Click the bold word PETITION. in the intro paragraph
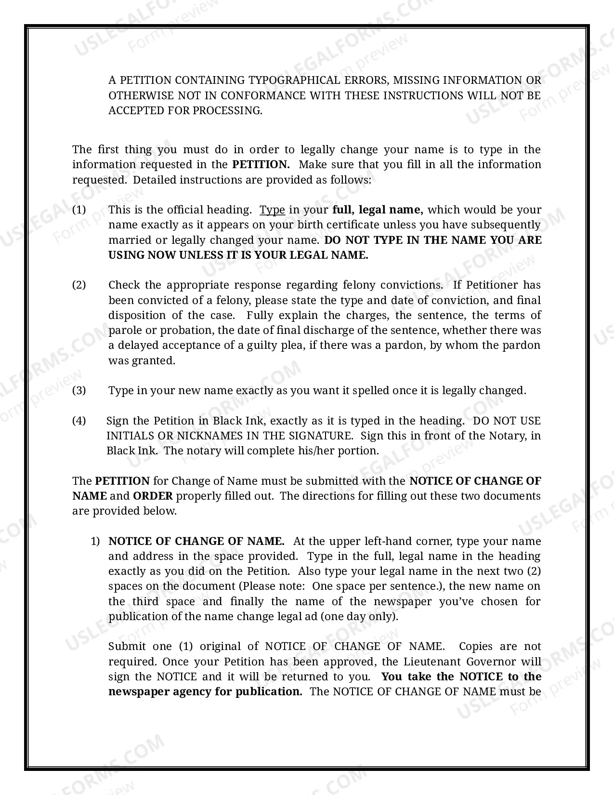(261, 164)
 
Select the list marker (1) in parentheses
(79, 210)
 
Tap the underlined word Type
(272, 210)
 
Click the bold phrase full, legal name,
(378, 210)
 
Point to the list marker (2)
(79, 285)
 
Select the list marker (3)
(79, 390)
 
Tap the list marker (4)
(79, 421)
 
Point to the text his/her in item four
(302, 450)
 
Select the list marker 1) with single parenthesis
(95, 541)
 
